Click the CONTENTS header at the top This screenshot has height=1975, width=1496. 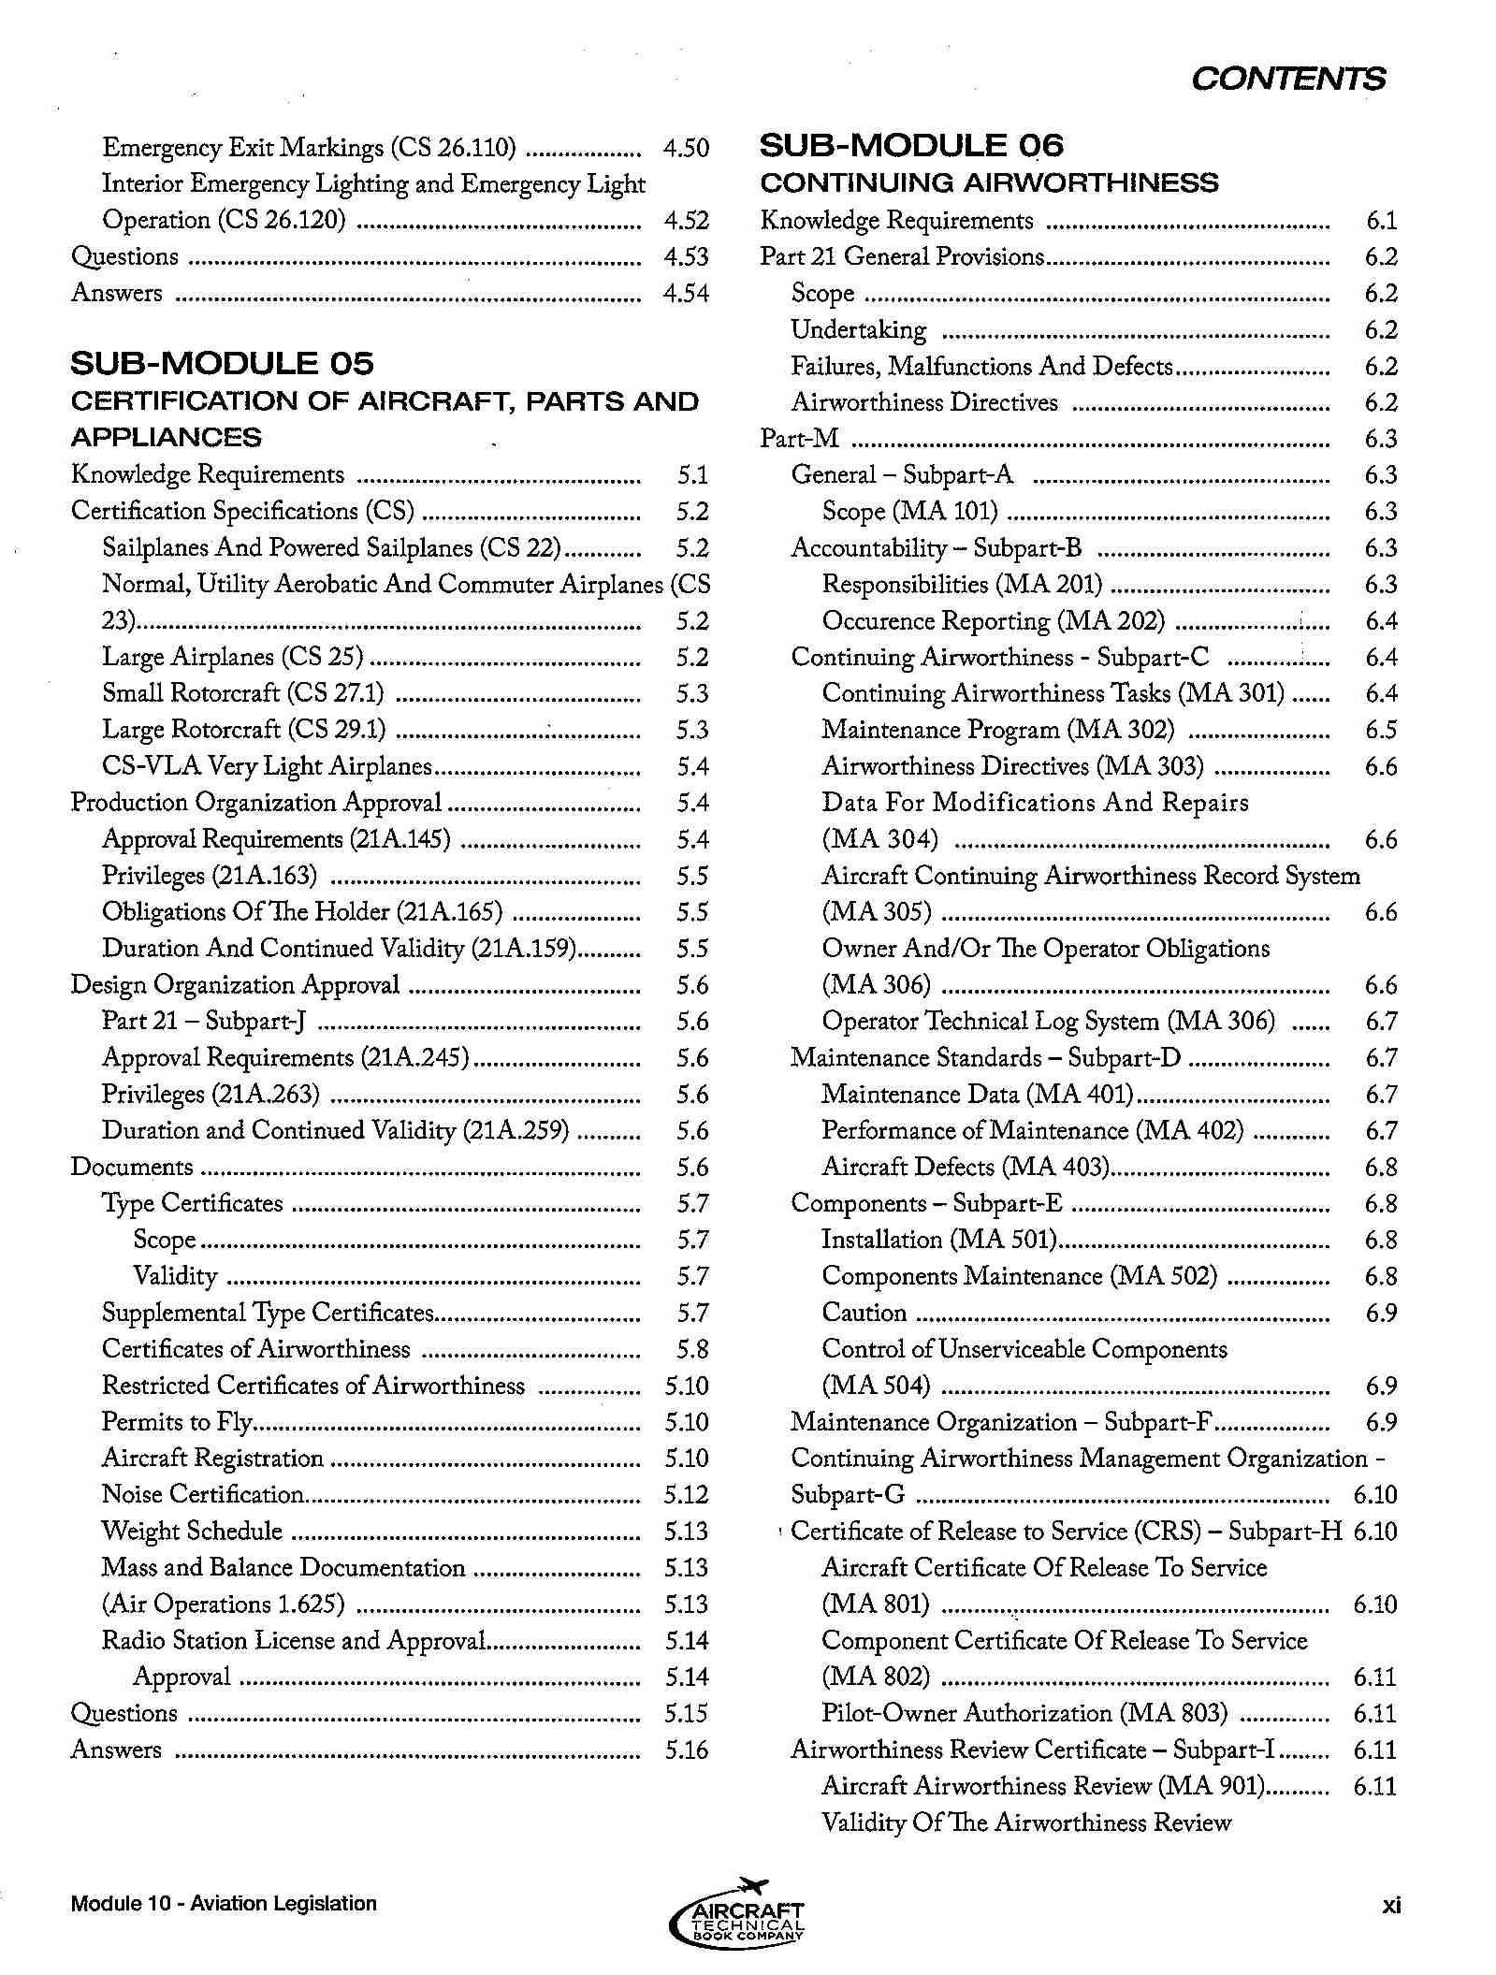click(x=1287, y=79)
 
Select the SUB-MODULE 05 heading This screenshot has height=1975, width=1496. click(x=222, y=364)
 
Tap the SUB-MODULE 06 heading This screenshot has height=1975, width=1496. click(x=911, y=146)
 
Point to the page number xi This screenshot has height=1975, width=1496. click(x=1391, y=1904)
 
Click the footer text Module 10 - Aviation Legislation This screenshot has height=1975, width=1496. click(x=224, y=1904)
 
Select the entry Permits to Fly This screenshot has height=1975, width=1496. click(x=178, y=1422)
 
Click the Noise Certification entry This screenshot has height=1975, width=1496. click(x=203, y=1494)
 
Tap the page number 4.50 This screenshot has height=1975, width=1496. click(x=686, y=148)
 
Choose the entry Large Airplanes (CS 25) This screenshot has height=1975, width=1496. click(x=232, y=657)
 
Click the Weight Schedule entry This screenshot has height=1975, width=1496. click(x=192, y=1531)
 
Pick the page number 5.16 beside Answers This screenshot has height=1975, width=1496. click(x=687, y=1750)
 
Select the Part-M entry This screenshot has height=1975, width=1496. click(x=799, y=439)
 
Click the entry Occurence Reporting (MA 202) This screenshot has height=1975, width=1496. click(x=993, y=621)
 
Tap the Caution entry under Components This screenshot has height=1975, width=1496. click(x=864, y=1313)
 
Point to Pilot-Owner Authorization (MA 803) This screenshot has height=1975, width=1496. click(x=1024, y=1713)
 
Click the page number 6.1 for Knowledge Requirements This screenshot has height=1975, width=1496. click(x=1381, y=221)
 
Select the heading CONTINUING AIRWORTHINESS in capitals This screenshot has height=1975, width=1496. click(x=989, y=182)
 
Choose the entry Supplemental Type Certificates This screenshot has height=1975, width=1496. click(x=268, y=1313)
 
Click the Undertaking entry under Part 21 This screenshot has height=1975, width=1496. click(x=858, y=329)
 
